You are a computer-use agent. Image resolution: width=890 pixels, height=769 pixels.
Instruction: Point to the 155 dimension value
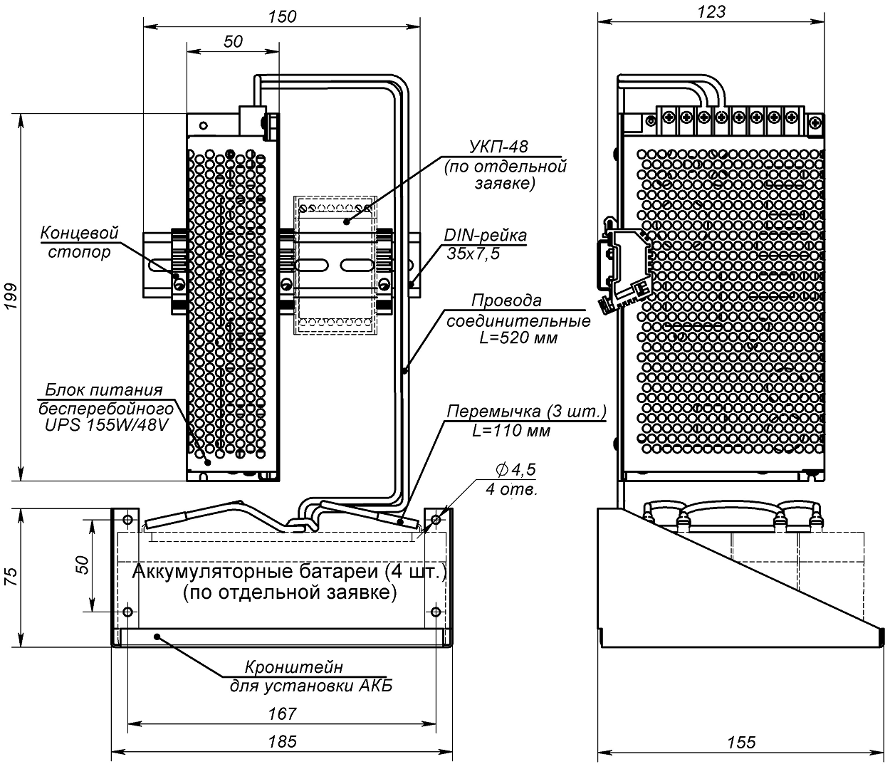(741, 742)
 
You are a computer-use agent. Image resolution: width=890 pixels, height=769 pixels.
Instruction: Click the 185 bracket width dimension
(283, 741)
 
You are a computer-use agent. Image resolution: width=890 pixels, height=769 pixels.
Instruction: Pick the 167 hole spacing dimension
(283, 713)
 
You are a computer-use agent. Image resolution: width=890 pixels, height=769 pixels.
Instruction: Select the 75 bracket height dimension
(11, 577)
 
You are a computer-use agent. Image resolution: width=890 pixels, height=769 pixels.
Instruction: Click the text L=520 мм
(518, 338)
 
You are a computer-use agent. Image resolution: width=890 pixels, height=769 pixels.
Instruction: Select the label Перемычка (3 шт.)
(526, 412)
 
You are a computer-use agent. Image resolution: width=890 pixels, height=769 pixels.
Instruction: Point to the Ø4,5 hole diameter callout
(515, 469)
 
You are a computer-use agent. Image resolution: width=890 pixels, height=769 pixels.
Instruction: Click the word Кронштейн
(294, 667)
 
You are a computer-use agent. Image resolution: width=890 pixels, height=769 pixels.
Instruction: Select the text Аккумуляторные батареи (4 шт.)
(289, 572)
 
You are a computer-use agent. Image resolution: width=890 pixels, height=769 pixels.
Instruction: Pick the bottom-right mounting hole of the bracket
(436, 612)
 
